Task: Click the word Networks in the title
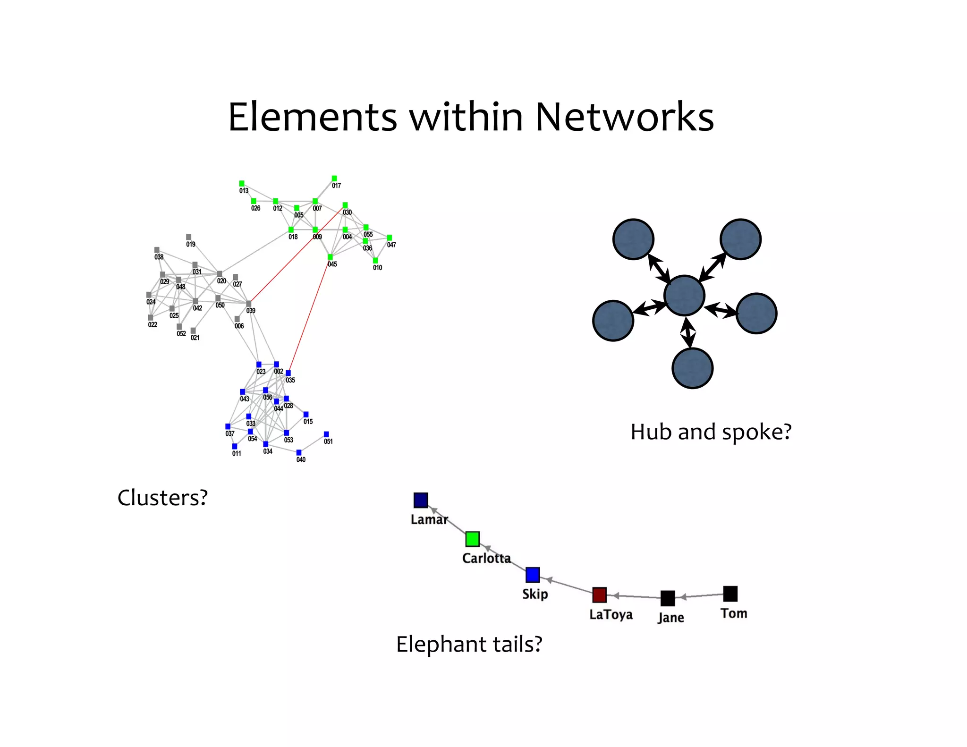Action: pos(624,117)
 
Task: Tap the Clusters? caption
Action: pos(162,498)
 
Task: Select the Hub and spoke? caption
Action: pos(711,432)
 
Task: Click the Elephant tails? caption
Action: pos(469,645)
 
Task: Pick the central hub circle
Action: pos(684,296)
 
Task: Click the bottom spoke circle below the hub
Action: pos(692,368)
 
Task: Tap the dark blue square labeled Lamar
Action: pos(421,500)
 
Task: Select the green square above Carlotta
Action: pos(472,539)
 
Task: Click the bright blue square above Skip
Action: pos(533,575)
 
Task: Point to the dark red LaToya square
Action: pos(599,595)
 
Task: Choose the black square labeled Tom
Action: pos(730,594)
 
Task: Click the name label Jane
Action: pos(670,618)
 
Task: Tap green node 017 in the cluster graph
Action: pos(334,178)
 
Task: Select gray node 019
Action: pos(189,237)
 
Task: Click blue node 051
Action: pos(326,434)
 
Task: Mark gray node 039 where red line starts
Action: pos(249,304)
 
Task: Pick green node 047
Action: pos(390,238)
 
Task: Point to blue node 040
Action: pos(299,452)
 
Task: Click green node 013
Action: pos(242,183)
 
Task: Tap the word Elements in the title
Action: pos(313,117)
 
